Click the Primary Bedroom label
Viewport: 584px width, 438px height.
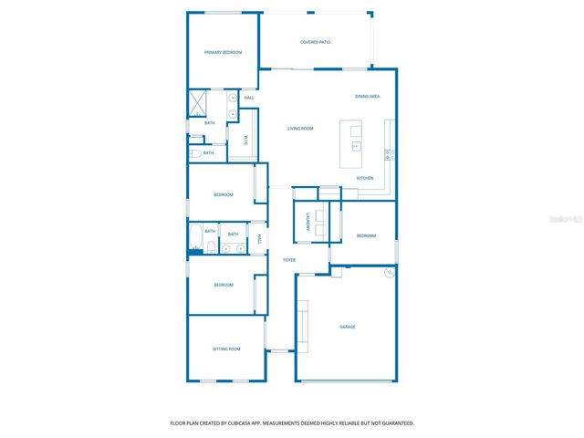click(223, 53)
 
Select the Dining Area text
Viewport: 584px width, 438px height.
click(368, 96)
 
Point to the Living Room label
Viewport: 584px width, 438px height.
click(300, 129)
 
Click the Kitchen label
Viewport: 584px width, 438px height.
click(365, 178)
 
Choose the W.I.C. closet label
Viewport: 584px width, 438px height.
click(245, 141)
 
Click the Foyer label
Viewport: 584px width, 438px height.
click(288, 260)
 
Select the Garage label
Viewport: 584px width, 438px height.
click(347, 327)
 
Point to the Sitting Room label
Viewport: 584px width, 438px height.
click(226, 349)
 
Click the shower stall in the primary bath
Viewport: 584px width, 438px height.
click(198, 102)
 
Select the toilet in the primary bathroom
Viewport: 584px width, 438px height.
click(195, 153)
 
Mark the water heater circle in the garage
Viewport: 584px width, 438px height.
click(390, 273)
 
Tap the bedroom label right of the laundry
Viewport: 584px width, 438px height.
click(366, 235)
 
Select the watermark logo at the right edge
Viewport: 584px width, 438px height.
click(568, 220)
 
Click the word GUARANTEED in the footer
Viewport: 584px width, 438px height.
click(394, 423)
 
